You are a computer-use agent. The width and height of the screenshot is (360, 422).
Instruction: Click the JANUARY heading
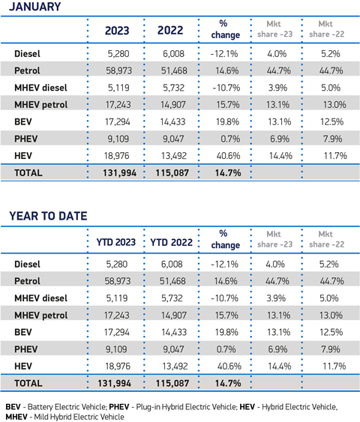pos(35,7)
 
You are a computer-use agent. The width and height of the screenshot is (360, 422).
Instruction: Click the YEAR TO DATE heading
pos(48,216)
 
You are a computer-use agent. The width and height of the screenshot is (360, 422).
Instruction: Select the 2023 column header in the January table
pos(117,31)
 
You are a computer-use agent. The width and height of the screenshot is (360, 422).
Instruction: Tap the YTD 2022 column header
pos(171,242)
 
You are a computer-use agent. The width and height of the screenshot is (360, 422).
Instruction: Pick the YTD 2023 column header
pos(116,242)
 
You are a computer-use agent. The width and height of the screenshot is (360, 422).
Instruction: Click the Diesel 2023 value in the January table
pos(118,54)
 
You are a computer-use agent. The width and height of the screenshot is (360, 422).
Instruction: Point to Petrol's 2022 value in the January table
pos(174,70)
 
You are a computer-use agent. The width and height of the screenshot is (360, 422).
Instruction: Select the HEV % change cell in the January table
pos(228,156)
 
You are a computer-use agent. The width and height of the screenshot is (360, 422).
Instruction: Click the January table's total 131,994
pos(119,173)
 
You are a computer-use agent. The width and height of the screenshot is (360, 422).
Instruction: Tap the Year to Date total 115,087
pos(172,383)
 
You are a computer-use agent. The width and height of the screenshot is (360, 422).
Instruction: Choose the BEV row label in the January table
pos(23,121)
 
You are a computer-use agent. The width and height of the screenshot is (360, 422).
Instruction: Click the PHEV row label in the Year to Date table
pos(25,349)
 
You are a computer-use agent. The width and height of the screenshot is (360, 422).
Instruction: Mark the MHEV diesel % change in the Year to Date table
pos(224,298)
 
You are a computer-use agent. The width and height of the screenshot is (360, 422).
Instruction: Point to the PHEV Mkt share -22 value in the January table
pos(332,139)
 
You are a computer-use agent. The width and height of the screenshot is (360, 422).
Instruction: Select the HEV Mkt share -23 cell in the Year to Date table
pos(280,367)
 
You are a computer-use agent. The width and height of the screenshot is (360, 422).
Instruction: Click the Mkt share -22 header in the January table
pos(326,29)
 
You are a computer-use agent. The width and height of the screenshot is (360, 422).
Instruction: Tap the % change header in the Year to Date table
pos(225,239)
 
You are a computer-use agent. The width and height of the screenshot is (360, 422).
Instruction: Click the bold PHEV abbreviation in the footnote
pos(119,407)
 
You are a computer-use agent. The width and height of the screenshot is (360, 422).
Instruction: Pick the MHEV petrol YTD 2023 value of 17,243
pos(116,315)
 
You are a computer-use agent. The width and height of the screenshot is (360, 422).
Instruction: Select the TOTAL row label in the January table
pos(28,173)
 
